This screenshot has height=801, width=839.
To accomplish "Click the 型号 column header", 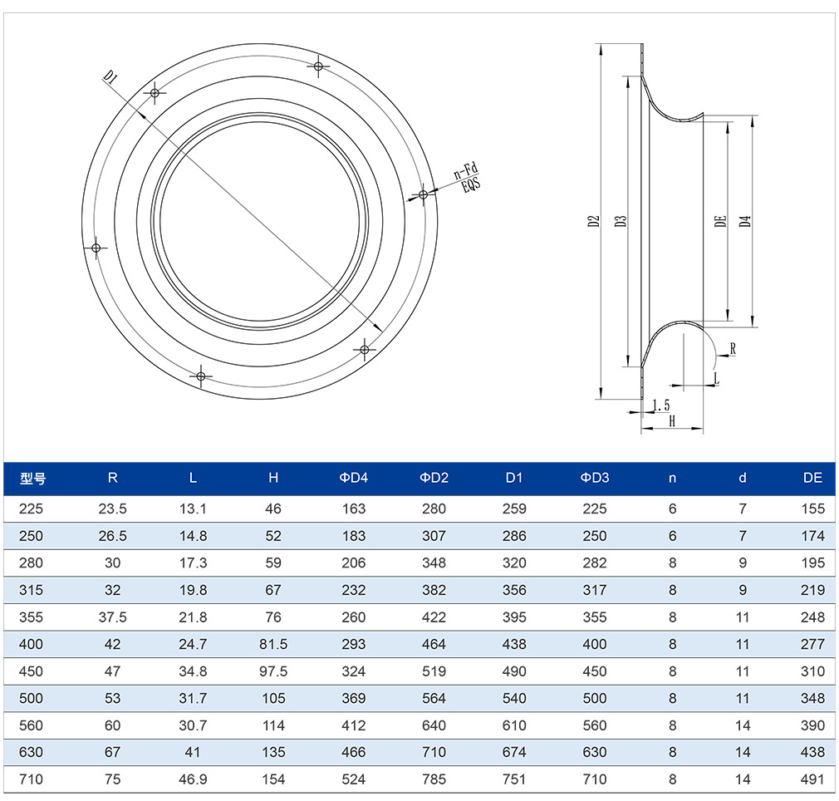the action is pyautogui.click(x=32, y=478).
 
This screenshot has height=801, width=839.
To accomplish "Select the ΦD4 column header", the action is pyautogui.click(x=354, y=478).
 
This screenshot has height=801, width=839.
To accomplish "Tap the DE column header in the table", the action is pyautogui.click(x=812, y=478).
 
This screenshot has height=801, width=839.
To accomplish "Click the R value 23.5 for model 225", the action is pyautogui.click(x=112, y=509).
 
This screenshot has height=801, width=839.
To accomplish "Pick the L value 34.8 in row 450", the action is pyautogui.click(x=193, y=671).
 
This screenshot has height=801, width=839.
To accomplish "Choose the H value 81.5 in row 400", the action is pyautogui.click(x=273, y=644).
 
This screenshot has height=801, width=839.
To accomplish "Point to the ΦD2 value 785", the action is pyautogui.click(x=434, y=779).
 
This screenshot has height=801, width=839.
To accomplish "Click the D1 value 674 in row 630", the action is pyautogui.click(x=514, y=752).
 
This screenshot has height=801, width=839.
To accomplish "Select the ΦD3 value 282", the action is pyautogui.click(x=595, y=563).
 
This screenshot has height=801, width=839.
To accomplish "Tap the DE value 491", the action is pyautogui.click(x=812, y=779).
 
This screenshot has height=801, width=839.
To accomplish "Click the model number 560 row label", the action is pyautogui.click(x=31, y=725).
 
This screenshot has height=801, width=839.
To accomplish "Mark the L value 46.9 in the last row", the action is pyautogui.click(x=193, y=779).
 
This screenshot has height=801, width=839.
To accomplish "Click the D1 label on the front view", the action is pyautogui.click(x=110, y=77).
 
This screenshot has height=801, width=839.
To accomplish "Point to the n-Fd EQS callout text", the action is pyautogui.click(x=467, y=178).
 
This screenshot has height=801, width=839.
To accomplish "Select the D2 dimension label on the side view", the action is pyautogui.click(x=593, y=222).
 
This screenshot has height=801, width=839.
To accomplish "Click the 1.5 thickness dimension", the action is pyautogui.click(x=661, y=405).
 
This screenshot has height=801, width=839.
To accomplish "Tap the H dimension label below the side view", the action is pyautogui.click(x=672, y=421).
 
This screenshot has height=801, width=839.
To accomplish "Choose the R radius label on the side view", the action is pyautogui.click(x=733, y=349).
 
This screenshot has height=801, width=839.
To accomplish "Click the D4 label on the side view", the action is pyautogui.click(x=745, y=221).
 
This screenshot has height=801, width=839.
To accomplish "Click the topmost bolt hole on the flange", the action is pyautogui.click(x=318, y=66).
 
